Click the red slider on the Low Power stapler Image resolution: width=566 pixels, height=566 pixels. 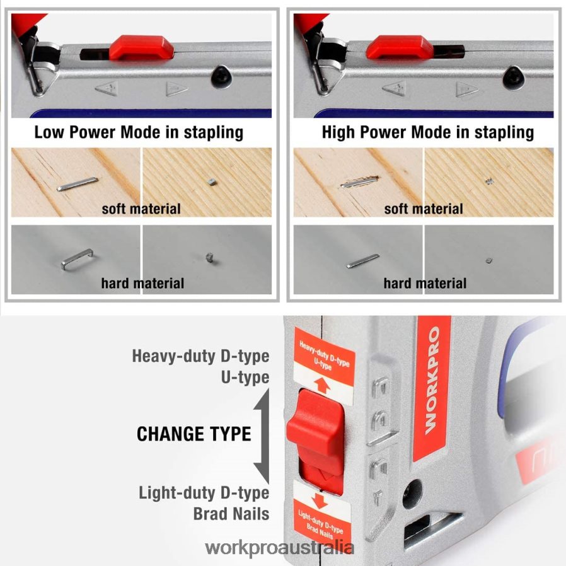coord(141,48)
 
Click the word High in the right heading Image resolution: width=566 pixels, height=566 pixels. coord(339,132)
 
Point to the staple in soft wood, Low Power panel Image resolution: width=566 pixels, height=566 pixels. coord(77,183)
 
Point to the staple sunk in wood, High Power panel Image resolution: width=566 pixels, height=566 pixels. coord(358,183)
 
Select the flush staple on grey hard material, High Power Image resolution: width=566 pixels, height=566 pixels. coord(363,260)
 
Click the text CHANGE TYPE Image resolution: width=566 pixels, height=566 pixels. coord(193,434)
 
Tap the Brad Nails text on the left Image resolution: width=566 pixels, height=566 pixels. coord(231,513)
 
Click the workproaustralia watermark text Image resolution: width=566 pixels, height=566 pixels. coord(280,548)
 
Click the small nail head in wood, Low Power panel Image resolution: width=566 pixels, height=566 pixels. coord(211,182)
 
